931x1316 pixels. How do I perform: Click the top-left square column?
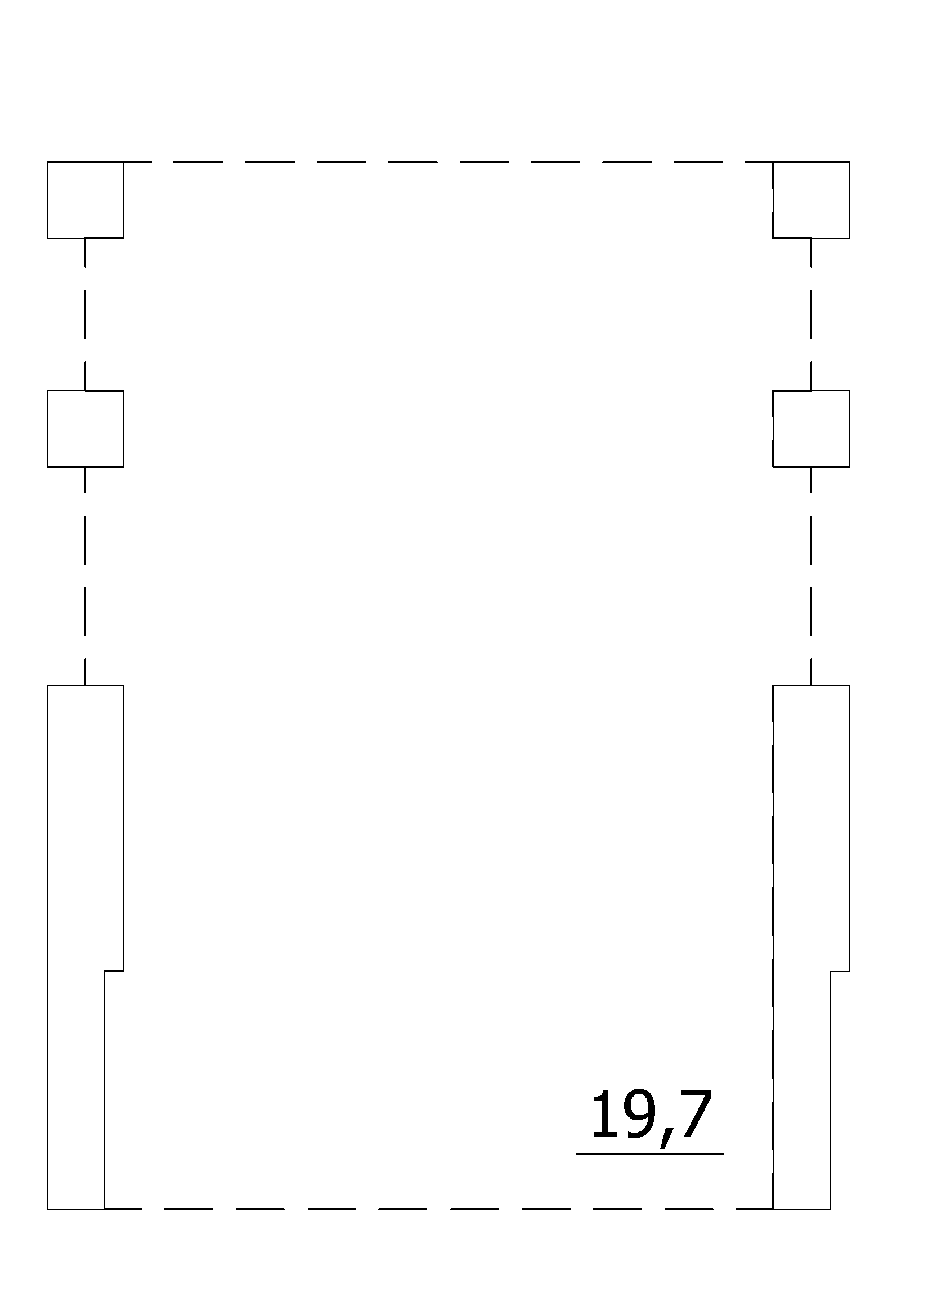point(85,200)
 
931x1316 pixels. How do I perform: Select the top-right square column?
point(811,200)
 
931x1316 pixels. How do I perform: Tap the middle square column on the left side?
point(85,429)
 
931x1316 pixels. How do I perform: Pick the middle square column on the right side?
point(811,429)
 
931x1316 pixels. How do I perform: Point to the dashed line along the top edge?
point(448,162)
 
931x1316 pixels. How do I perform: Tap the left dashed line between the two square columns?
point(86,314)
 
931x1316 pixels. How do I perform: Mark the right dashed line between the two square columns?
point(811,314)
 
